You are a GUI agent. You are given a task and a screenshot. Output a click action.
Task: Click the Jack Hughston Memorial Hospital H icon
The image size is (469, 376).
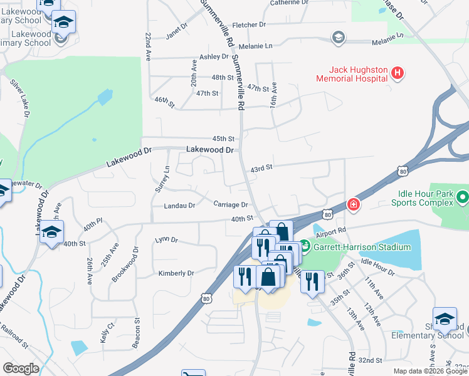coord(396,73)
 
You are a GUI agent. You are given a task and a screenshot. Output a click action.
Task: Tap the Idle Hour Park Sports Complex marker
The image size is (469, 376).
coord(463,199)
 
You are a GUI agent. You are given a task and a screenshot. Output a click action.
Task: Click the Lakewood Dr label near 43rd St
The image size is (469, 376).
coord(209,150)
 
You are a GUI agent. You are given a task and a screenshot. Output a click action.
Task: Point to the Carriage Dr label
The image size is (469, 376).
coord(231,204)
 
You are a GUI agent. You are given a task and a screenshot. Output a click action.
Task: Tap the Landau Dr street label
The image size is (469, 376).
coord(179,205)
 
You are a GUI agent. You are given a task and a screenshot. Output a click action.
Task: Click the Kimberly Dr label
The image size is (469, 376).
coord(176,273)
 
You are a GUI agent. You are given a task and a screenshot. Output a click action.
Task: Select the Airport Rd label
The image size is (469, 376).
coord(332,231)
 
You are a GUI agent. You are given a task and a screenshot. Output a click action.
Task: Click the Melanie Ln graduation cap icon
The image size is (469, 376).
coord(339,38)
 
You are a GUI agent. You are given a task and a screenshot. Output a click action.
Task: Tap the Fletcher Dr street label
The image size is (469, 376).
coord(249,25)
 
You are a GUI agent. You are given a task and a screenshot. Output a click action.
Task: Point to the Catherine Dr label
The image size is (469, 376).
coord(289,3)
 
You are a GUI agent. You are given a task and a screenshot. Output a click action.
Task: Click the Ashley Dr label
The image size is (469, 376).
coord(214,56)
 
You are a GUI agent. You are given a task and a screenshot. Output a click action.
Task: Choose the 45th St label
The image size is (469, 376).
coord(223,138)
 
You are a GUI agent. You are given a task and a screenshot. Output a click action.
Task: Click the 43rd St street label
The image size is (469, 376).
coord(261,168)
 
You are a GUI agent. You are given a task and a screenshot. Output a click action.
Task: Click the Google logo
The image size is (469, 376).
coord(21,368)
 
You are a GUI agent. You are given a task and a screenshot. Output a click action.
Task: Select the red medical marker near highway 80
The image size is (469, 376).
coord(354,205)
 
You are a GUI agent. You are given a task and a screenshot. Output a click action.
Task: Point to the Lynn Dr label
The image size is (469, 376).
coord(167,240)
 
